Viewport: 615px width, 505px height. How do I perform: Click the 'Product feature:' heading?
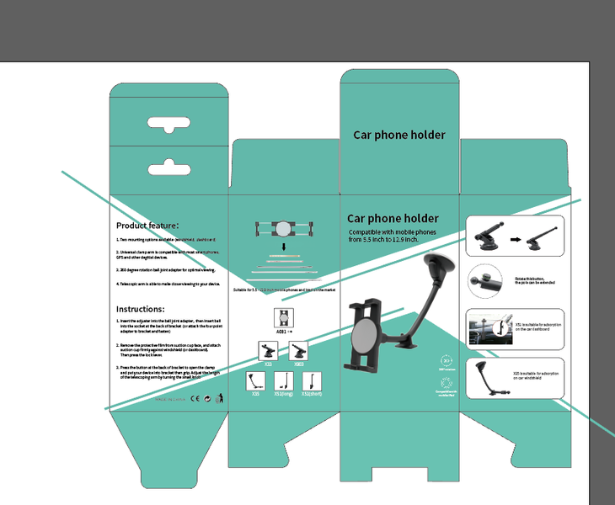[x=147, y=226]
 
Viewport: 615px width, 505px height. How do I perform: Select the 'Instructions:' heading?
[x=140, y=309]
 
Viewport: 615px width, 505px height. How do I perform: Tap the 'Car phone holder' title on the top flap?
[x=398, y=135]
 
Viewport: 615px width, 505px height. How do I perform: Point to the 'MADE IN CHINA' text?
[x=168, y=399]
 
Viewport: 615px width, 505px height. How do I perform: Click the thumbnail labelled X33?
[x=268, y=351]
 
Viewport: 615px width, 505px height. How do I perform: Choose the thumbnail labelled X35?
[x=255, y=380]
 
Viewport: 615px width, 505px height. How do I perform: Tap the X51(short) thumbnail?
[x=311, y=380]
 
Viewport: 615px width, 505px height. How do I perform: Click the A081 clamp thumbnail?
[x=284, y=318]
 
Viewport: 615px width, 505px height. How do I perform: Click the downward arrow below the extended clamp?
[x=284, y=247]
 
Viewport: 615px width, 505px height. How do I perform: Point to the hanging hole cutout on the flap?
[x=169, y=126]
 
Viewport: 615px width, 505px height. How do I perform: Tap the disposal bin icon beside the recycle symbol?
[x=220, y=397]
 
